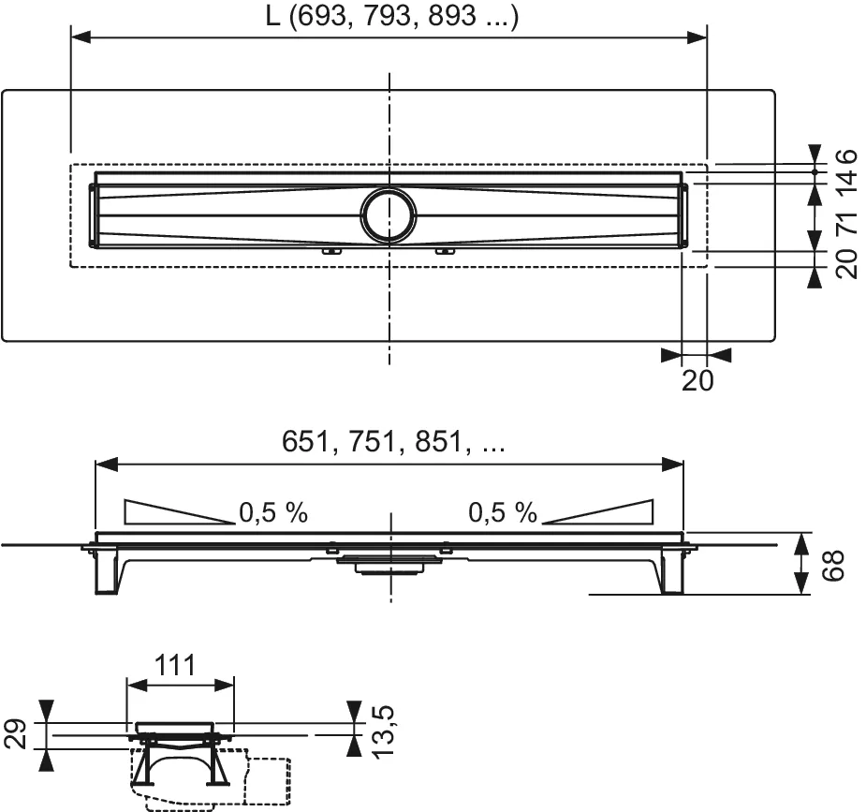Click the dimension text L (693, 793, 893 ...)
click(x=389, y=18)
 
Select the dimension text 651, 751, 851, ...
click(x=393, y=443)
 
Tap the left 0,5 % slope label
click(x=273, y=512)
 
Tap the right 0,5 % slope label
click(x=503, y=512)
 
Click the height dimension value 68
click(x=836, y=564)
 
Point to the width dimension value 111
click(x=174, y=665)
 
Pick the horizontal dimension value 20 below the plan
click(x=697, y=380)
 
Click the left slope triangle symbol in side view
click(x=178, y=511)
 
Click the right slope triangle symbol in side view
click(x=598, y=511)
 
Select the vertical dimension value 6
click(x=845, y=155)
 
